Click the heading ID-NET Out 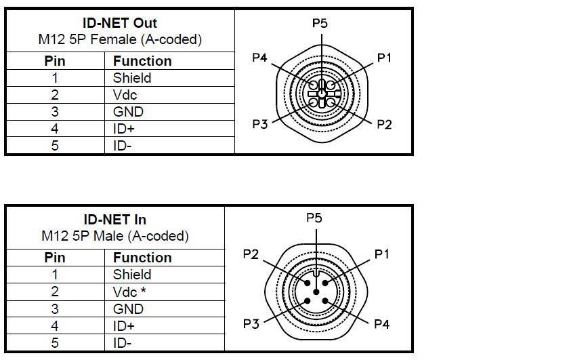120,23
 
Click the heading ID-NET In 115,220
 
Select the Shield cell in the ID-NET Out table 132,78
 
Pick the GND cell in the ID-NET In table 128,308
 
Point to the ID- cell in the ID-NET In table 123,342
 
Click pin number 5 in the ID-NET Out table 55,145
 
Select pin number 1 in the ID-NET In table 55,275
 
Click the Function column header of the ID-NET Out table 142,61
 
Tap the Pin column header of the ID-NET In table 55,258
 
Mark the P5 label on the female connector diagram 320,23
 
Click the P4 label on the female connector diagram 259,58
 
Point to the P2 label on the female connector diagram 384,124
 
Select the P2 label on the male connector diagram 251,254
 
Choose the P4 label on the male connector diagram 382,323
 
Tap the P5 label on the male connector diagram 314,218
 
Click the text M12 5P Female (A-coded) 120,39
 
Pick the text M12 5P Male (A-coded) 115,236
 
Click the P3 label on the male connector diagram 251,323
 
